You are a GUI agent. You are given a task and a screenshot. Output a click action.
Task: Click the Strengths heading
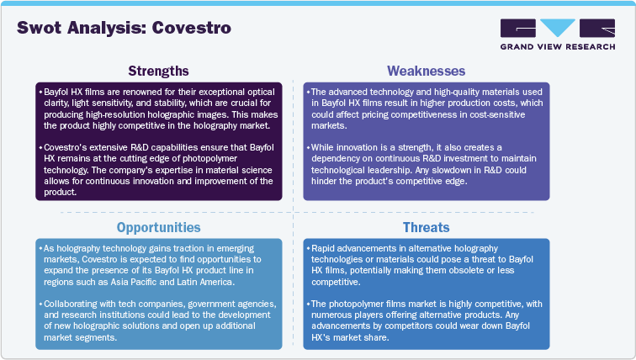point(157,70)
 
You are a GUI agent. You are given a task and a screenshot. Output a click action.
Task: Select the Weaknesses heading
point(427,70)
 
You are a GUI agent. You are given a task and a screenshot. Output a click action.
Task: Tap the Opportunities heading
point(157,227)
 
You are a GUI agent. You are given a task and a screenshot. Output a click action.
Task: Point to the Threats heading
point(427,227)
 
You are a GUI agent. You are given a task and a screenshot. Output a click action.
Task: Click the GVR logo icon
point(545,29)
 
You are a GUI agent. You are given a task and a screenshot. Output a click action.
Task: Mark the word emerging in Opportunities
point(231,250)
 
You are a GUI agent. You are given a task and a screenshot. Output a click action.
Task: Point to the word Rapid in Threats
point(325,250)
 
